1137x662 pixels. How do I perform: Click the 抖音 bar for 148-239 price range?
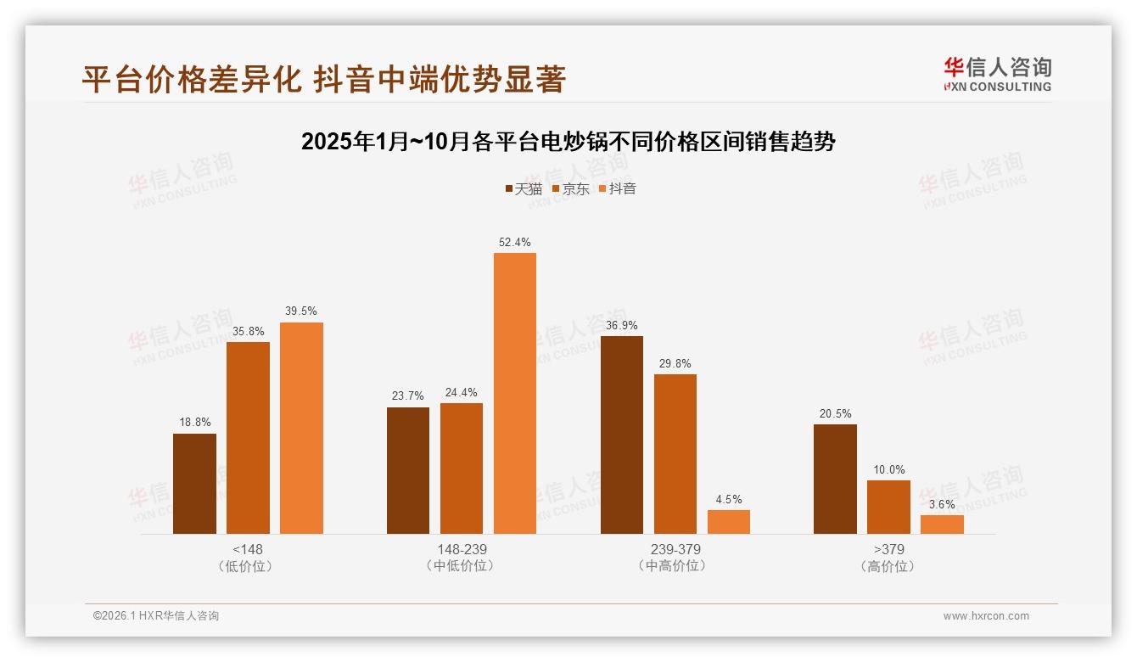(515, 393)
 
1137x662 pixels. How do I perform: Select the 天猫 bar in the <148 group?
(194, 484)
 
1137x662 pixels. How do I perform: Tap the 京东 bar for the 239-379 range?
(675, 454)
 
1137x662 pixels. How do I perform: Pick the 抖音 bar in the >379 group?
(942, 525)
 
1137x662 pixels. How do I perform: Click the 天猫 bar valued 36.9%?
(622, 435)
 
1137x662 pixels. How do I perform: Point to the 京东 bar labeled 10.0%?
(888, 507)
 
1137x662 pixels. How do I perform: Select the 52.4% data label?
(515, 243)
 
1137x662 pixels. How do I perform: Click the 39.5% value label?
(301, 311)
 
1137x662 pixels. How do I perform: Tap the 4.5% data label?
(728, 500)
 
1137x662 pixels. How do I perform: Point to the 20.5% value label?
(835, 414)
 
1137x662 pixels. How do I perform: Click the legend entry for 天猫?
(524, 189)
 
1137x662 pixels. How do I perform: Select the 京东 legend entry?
(571, 189)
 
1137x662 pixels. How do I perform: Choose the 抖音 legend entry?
(618, 189)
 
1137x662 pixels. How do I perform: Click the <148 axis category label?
(248, 549)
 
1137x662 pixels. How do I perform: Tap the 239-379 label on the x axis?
(675, 549)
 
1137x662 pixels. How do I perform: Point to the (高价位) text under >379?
(888, 566)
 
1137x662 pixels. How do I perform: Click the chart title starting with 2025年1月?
(568, 142)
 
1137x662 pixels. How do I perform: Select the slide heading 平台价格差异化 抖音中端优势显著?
(323, 80)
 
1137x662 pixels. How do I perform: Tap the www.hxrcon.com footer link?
(986, 616)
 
